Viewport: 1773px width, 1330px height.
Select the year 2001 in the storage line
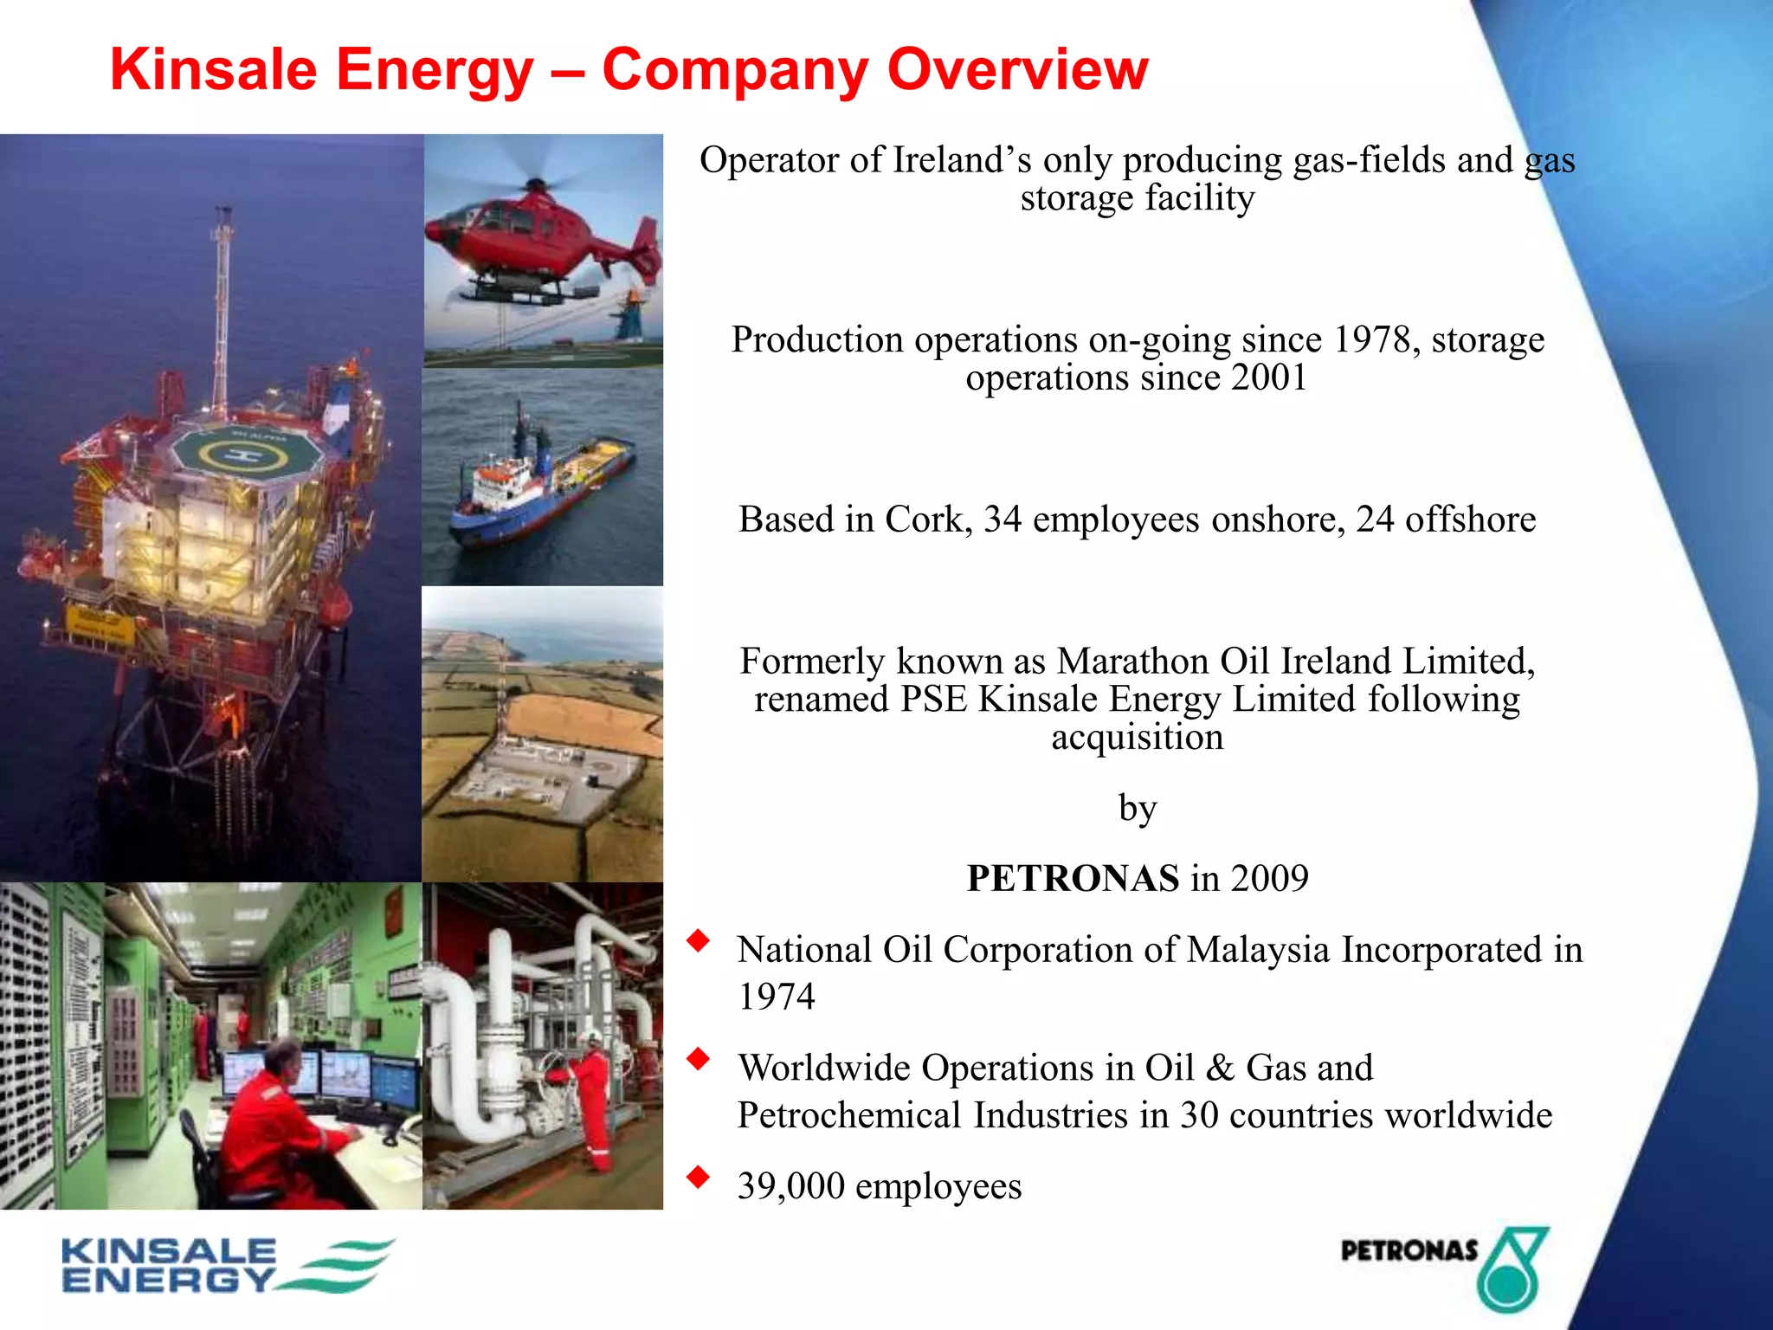click(x=1268, y=378)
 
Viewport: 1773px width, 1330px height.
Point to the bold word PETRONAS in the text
click(x=1073, y=878)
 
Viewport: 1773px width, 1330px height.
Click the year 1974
click(x=776, y=997)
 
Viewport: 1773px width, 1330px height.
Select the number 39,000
click(x=790, y=1186)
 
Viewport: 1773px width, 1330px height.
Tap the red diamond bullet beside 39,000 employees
click(x=698, y=1177)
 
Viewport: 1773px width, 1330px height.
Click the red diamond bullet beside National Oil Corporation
click(x=698, y=940)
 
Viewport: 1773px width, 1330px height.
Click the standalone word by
click(x=1137, y=808)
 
